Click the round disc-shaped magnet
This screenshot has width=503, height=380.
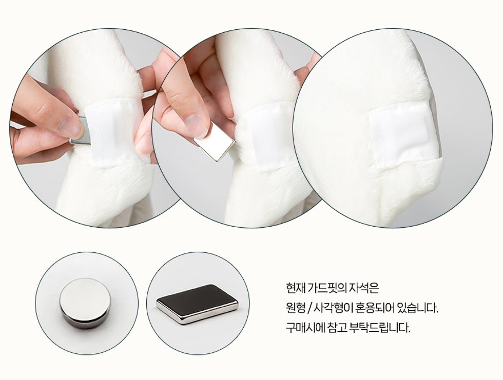point(85,303)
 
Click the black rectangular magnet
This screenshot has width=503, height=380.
point(197,304)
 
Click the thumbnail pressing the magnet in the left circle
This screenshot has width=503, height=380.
point(70,126)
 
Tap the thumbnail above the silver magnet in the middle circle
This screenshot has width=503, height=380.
point(196,124)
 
